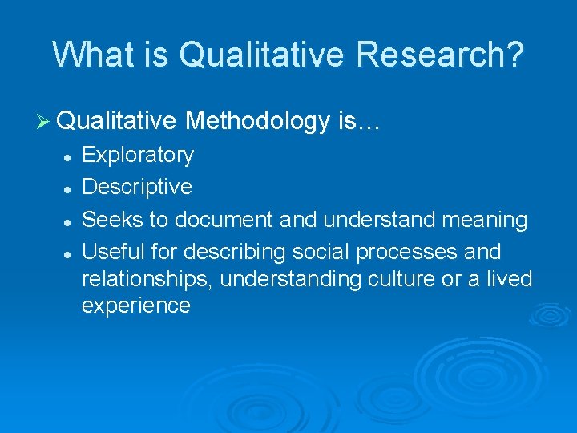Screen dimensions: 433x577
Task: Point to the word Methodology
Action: pos(257,122)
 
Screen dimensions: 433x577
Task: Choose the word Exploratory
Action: pos(138,155)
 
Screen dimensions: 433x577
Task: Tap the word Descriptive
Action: pos(137,187)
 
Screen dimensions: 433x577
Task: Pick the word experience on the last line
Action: pos(136,306)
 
